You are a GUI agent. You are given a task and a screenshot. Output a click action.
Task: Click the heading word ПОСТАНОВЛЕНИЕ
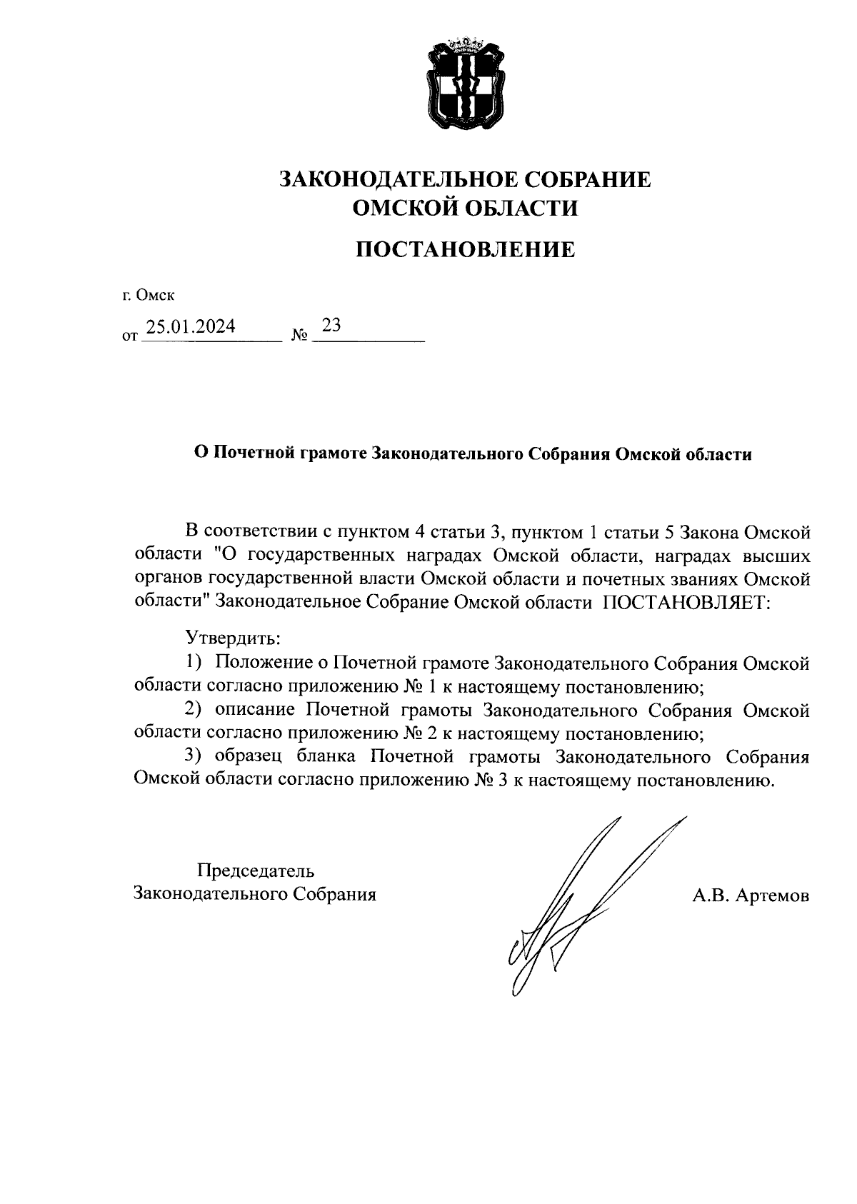(x=465, y=249)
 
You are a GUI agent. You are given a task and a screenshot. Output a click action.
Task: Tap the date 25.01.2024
(x=190, y=327)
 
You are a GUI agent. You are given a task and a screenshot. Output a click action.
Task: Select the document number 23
(x=331, y=326)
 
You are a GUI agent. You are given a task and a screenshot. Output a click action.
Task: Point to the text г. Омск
(x=148, y=295)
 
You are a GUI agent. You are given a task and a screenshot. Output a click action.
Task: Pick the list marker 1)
(x=194, y=663)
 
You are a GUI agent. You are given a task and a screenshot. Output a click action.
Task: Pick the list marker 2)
(x=194, y=710)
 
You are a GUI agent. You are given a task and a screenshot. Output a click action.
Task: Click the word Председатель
(x=256, y=871)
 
